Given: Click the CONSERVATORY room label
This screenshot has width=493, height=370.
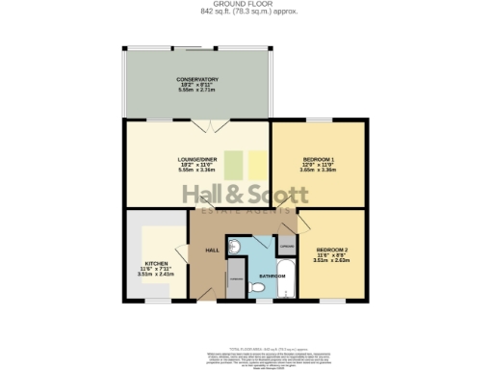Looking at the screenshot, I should click(x=196, y=79).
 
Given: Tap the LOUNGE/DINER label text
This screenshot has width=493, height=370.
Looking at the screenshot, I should click(x=196, y=158).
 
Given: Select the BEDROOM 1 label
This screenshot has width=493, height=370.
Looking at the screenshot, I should click(x=319, y=158).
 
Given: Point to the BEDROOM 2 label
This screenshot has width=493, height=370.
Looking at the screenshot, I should click(x=331, y=251).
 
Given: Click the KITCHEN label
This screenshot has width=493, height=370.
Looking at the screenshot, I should click(x=157, y=263).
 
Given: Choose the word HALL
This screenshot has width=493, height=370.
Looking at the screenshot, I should click(x=212, y=251).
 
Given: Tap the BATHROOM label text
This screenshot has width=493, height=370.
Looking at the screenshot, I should click(x=271, y=277).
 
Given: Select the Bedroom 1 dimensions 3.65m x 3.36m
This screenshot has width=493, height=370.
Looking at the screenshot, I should click(x=319, y=170).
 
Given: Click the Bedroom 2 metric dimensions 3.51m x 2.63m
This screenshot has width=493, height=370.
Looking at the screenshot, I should click(x=331, y=261).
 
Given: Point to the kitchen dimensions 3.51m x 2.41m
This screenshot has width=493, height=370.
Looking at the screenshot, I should click(x=157, y=274).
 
